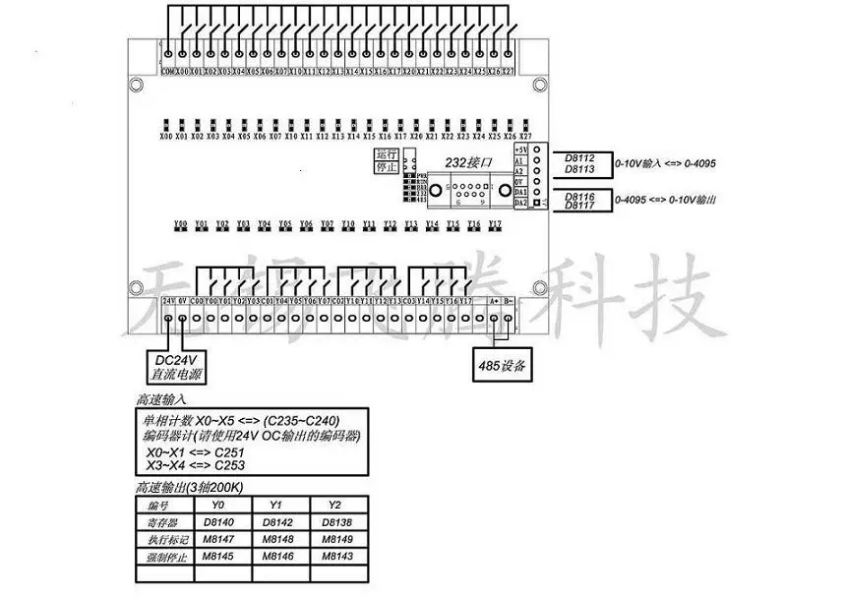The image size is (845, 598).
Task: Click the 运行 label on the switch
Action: point(386,155)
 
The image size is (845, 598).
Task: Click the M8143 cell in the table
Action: point(337,558)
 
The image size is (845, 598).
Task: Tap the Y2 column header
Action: point(336,507)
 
